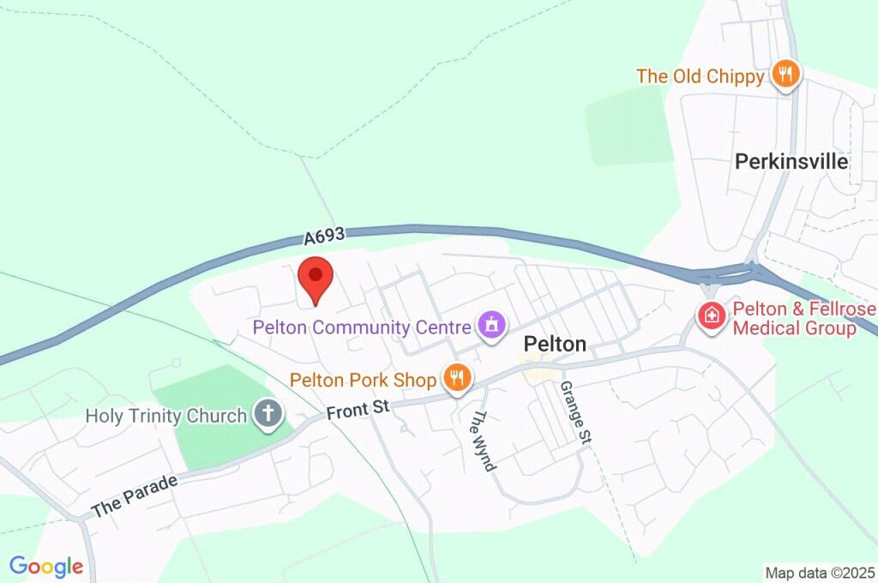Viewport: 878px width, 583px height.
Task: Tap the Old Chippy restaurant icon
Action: point(785,75)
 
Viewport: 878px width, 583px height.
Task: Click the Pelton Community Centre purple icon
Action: point(491,326)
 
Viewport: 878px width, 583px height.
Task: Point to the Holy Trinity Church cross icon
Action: point(268,415)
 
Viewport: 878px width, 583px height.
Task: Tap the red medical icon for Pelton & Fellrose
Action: point(711,317)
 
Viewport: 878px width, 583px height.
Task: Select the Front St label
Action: point(358,410)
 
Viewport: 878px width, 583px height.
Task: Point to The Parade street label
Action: point(135,494)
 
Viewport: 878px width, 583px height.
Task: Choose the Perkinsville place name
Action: point(791,161)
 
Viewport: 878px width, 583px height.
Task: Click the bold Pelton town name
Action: point(555,345)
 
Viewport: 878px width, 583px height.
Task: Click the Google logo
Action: point(46,566)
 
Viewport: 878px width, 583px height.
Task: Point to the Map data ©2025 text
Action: point(820,573)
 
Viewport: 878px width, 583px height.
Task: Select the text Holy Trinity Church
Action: point(166,416)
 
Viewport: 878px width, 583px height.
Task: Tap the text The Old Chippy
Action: point(700,76)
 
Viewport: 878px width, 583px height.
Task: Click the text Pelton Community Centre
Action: point(362,327)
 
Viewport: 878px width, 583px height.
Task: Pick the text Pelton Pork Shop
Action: point(363,379)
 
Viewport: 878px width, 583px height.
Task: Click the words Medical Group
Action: point(796,328)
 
